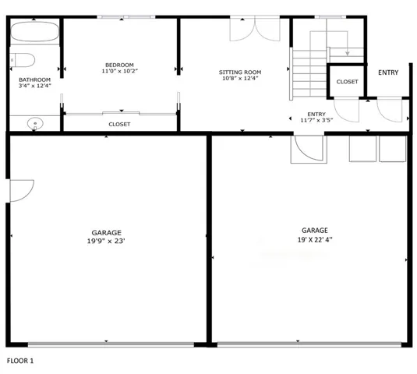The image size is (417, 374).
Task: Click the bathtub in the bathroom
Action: tap(34, 31)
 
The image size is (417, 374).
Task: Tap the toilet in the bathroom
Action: tap(23, 60)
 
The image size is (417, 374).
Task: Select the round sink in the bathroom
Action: tap(35, 124)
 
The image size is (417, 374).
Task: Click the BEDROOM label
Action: tap(119, 65)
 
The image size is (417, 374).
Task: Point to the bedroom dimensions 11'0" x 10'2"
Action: tap(120, 71)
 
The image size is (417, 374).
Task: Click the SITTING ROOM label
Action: tap(240, 72)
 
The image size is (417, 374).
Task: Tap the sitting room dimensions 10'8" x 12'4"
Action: tap(240, 78)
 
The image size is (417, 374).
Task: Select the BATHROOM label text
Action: tap(34, 79)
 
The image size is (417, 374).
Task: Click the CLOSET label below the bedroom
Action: tap(119, 124)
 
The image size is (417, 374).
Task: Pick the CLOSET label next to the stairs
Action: tap(347, 82)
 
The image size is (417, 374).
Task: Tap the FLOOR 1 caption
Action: tap(20, 361)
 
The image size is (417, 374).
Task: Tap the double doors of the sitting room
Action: tap(255, 29)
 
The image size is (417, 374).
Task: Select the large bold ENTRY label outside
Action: tap(388, 72)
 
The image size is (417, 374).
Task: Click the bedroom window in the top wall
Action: tap(126, 16)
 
